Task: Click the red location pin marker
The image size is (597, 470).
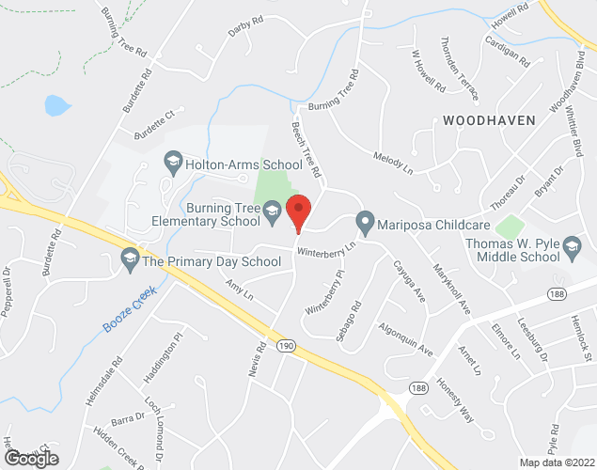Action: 299,211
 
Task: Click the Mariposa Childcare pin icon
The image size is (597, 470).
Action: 365,224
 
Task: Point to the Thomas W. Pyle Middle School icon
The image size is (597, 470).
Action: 572,250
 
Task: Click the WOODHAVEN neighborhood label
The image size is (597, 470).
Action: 489,120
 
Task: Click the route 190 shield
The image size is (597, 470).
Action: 285,346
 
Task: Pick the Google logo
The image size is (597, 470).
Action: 31,458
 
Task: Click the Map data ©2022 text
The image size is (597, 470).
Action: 557,462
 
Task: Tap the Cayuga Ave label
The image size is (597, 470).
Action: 407,279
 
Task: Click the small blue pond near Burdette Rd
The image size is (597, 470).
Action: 57,104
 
